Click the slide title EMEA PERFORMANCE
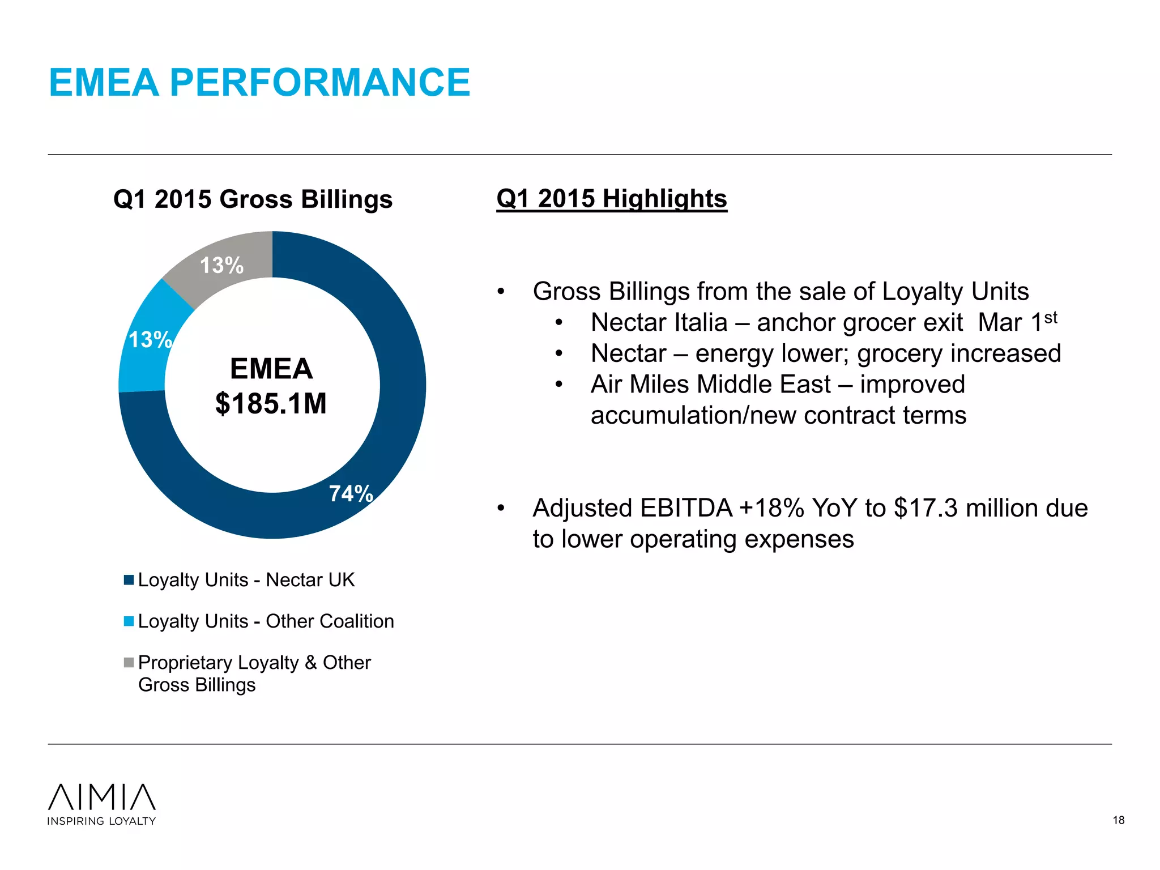259,83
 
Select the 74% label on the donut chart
351,493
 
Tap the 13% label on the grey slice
221,265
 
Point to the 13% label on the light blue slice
150,340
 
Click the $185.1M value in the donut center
271,404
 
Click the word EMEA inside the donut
271,369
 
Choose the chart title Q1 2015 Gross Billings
253,199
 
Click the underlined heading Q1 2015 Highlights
611,199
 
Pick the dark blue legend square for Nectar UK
129,580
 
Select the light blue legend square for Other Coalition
129,621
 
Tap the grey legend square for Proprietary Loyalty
129,662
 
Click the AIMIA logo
102,797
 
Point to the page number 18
1118,820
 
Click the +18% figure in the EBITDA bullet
771,508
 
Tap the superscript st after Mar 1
1051,318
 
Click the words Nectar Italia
659,323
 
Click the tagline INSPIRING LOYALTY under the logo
101,821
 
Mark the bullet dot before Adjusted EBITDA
501,508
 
